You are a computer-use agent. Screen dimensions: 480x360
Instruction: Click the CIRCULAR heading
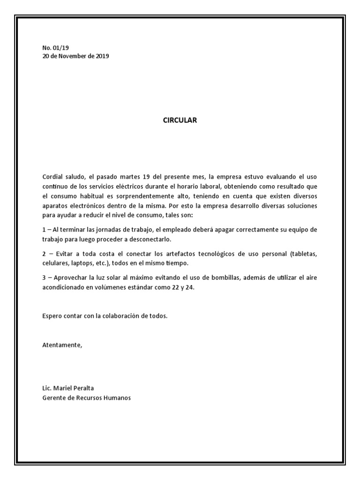click(180, 120)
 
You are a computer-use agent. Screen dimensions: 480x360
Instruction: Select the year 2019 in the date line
click(102, 56)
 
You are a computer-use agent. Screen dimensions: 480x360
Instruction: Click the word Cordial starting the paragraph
click(52, 177)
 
